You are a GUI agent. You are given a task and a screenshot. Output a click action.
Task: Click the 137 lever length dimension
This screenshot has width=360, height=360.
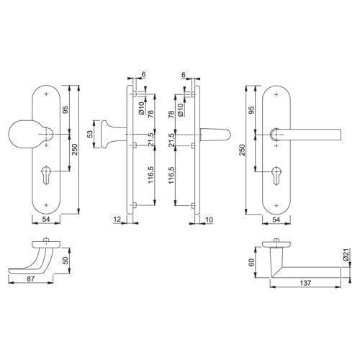[305, 283]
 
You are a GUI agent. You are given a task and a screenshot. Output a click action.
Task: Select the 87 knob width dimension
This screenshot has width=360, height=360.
[31, 279]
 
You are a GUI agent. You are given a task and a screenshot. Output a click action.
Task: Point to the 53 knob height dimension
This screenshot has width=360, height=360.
[89, 134]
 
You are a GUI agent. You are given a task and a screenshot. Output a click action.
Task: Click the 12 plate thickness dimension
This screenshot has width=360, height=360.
[117, 220]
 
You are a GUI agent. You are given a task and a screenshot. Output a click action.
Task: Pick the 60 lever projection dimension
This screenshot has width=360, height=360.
[251, 262]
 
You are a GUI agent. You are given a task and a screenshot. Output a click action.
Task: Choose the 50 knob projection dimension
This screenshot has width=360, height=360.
[66, 260]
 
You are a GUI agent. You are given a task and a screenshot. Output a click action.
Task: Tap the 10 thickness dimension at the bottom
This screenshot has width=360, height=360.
[210, 220]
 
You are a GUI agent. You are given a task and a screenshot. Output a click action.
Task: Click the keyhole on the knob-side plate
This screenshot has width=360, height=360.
[45, 176]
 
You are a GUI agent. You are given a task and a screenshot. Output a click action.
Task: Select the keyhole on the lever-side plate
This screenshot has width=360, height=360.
[276, 176]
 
